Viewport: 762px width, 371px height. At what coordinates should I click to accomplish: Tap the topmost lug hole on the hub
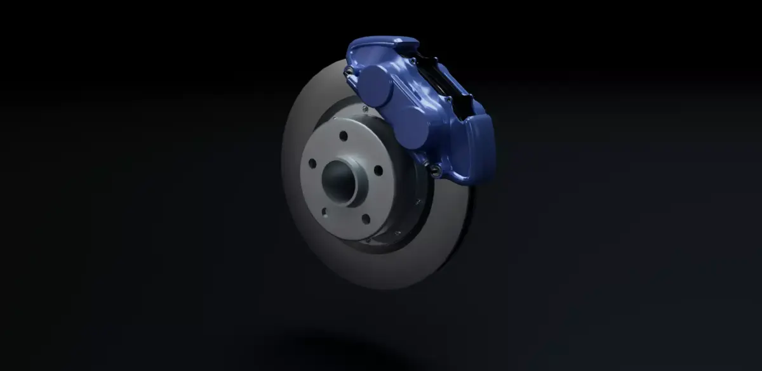343,135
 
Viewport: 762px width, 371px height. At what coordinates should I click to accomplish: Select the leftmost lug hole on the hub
312,164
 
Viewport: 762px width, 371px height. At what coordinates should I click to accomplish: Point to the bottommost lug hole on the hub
365,219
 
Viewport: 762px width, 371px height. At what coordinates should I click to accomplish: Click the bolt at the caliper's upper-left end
348,70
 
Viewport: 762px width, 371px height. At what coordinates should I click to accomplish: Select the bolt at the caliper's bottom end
434,168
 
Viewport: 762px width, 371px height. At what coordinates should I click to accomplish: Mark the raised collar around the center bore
348,190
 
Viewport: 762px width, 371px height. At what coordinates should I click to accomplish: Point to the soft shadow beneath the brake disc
330,346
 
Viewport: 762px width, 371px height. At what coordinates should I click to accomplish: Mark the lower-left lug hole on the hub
323,211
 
